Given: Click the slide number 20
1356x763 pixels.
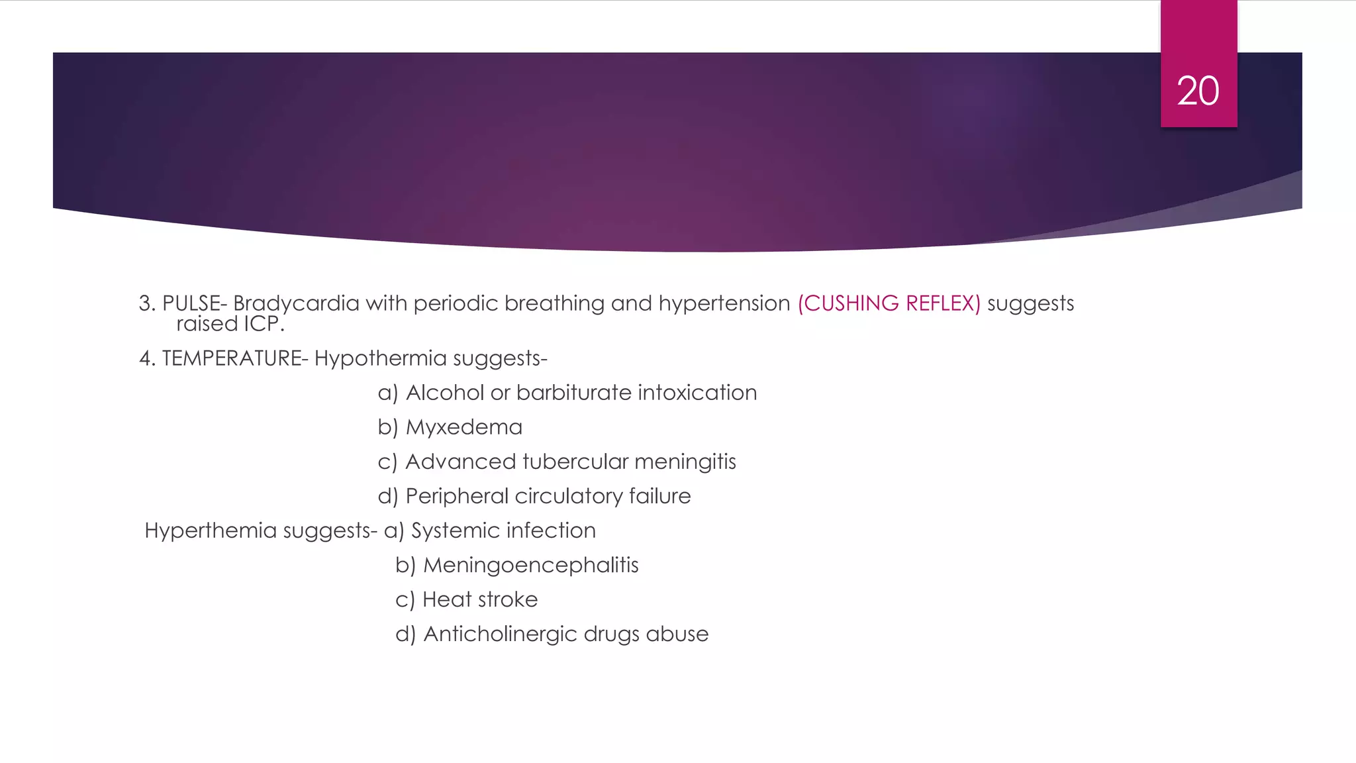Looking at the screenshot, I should coord(1198,91).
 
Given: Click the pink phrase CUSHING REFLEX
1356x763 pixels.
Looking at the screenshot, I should coord(889,303).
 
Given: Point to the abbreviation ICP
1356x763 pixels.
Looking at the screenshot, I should coord(263,324).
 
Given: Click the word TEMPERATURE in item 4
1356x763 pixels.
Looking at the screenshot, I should coord(231,358).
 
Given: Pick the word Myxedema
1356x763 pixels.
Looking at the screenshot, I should coord(463,427).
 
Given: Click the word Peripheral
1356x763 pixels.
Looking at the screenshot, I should coord(456,496).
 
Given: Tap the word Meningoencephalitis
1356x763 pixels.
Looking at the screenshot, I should coord(530,565).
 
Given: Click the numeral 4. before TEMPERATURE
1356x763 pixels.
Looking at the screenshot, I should coord(146,358).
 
